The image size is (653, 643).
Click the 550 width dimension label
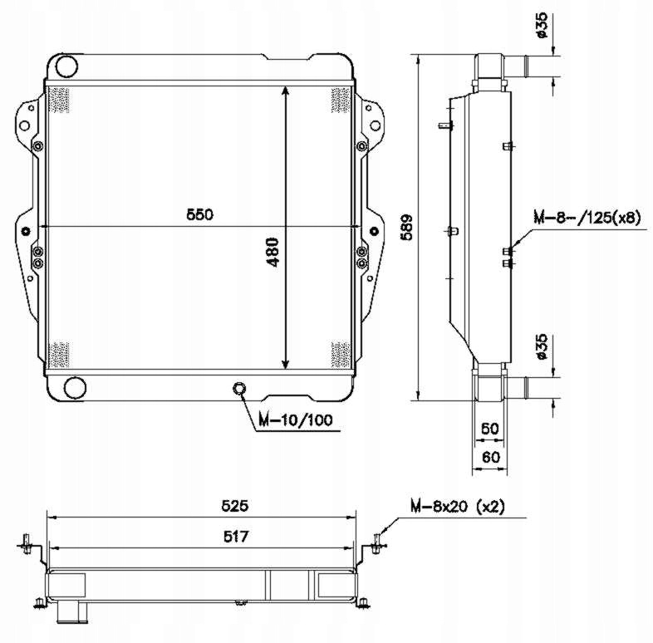[200, 214]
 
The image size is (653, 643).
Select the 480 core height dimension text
[272, 252]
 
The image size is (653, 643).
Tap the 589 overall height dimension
[406, 228]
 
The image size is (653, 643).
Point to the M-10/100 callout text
[296, 420]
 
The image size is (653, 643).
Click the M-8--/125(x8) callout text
[587, 217]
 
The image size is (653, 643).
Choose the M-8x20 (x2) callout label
[458, 507]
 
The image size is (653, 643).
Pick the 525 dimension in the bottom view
[235, 506]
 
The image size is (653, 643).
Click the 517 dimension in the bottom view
[236, 537]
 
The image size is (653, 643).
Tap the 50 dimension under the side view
[490, 429]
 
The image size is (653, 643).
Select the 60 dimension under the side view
[491, 457]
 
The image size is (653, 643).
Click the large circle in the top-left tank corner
[66, 66]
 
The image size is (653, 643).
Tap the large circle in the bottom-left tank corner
[76, 388]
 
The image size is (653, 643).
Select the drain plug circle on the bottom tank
[239, 389]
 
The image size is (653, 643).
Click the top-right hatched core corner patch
[341, 100]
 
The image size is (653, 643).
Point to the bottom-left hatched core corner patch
[59, 355]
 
